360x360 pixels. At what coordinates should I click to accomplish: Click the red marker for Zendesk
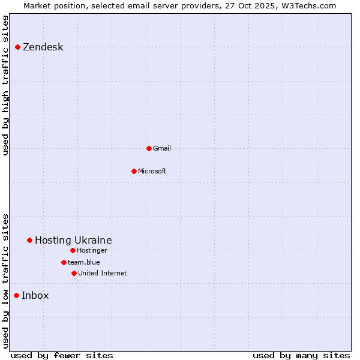click(17, 47)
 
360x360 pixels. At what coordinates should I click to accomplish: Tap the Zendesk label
click(43, 47)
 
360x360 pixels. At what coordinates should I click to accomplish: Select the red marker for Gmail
click(149, 148)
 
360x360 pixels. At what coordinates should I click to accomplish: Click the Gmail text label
click(162, 148)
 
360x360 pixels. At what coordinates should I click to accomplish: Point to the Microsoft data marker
click(134, 171)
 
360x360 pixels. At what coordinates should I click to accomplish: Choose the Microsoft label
click(152, 171)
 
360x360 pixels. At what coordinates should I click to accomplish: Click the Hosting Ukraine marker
click(29, 240)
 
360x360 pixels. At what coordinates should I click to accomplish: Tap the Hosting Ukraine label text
click(73, 240)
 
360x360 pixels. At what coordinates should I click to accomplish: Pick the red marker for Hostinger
click(73, 250)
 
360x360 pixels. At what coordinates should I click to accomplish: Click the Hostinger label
click(92, 250)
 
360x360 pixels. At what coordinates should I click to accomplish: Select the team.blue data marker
click(64, 262)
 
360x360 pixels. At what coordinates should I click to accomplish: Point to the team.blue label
click(83, 262)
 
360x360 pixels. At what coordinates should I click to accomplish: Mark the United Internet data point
click(74, 273)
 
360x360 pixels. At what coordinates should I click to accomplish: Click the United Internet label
click(102, 273)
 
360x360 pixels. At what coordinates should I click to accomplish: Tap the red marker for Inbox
click(16, 295)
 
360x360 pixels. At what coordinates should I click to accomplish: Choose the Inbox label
click(35, 295)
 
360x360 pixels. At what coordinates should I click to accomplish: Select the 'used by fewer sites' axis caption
click(62, 355)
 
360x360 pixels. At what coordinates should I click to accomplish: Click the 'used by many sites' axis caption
click(301, 355)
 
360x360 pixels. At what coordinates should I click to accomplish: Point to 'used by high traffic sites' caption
click(5, 85)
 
